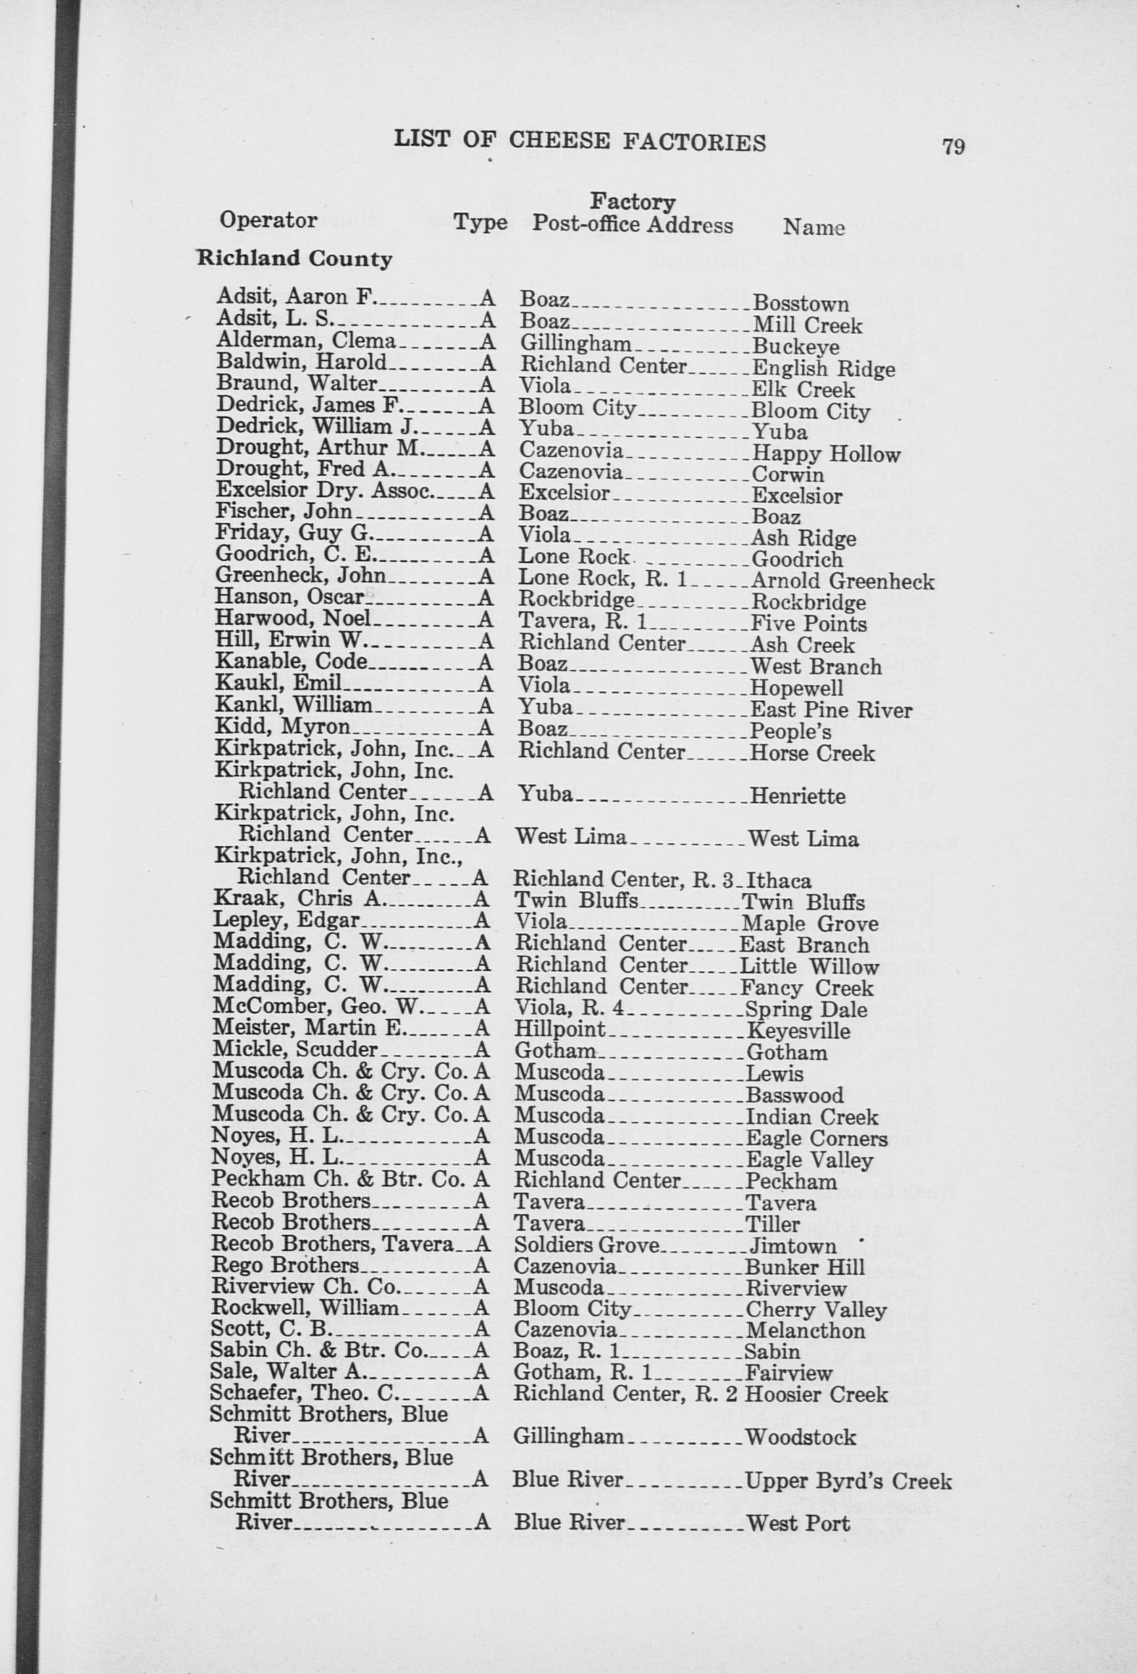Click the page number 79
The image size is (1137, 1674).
[x=952, y=146]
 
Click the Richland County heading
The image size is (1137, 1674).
[x=294, y=258]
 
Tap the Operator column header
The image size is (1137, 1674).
[x=268, y=220]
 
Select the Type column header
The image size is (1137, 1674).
[x=480, y=222]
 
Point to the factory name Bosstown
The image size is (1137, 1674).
[x=800, y=304]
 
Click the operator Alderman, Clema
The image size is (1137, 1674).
[x=306, y=342]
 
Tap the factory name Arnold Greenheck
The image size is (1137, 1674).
[x=842, y=581]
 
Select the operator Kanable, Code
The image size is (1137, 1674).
[x=292, y=661]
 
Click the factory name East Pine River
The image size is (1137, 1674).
[x=831, y=711]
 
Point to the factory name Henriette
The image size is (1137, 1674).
[x=797, y=796]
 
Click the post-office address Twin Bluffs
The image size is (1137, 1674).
[x=576, y=901]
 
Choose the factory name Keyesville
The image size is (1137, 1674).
[x=798, y=1031]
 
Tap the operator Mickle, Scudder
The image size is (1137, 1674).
[x=295, y=1050]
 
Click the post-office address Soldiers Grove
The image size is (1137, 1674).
[x=586, y=1246]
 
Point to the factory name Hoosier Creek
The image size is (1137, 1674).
[x=816, y=1395]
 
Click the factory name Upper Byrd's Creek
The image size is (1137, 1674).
[x=848, y=1481]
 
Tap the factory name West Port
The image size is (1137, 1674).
[x=799, y=1523]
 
